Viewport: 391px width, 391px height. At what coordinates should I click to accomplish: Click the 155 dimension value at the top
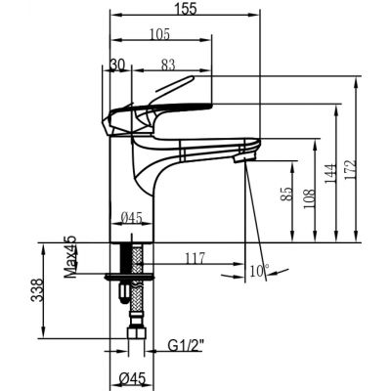pyautogui.click(x=185, y=9)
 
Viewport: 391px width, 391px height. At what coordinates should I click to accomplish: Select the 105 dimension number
pyautogui.click(x=159, y=34)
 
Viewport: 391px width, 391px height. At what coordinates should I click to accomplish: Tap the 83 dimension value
pyautogui.click(x=168, y=65)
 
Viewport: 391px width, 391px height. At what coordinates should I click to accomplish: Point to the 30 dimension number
pyautogui.click(x=116, y=65)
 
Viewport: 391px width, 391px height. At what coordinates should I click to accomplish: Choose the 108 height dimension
pyautogui.click(x=309, y=198)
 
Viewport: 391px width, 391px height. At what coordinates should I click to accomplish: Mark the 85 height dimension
pyautogui.click(x=285, y=195)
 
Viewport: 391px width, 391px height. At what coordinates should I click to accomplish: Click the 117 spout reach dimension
pyautogui.click(x=195, y=258)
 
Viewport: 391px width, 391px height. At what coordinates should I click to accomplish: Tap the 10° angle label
pyautogui.click(x=259, y=271)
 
